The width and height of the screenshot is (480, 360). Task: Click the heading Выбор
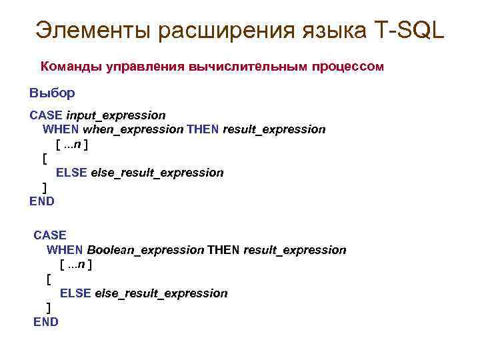click(52, 93)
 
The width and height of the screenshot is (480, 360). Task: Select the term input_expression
click(115, 115)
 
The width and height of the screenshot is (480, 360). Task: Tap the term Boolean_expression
click(145, 250)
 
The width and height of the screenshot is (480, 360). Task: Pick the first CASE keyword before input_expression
click(46, 115)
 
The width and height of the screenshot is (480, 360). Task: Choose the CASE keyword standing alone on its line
click(50, 235)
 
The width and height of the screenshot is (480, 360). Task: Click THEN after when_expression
click(202, 129)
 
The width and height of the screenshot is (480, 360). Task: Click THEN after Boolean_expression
click(223, 250)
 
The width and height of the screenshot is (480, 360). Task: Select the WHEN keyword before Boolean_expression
click(65, 250)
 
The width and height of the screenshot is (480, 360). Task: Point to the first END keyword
click(42, 201)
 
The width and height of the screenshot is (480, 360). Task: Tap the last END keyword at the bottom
click(46, 322)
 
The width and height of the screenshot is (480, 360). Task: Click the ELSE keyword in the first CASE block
click(71, 173)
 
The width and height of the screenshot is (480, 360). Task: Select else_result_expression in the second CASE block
click(161, 293)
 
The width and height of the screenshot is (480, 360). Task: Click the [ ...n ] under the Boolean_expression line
click(76, 265)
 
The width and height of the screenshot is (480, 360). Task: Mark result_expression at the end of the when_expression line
click(274, 129)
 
